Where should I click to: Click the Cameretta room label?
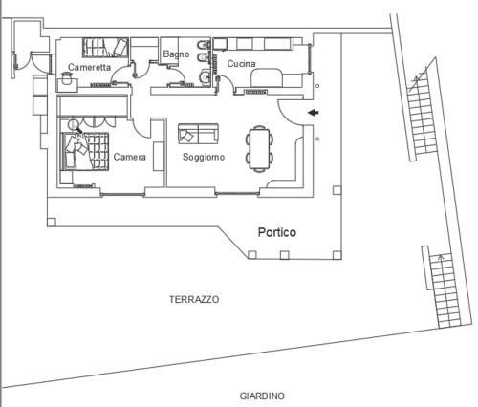coord(89,67)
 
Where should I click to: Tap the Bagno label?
coord(176,54)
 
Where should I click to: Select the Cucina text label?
coord(241,64)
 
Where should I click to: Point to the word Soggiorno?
coord(204,157)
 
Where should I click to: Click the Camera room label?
coord(130,157)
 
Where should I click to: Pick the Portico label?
coord(277,232)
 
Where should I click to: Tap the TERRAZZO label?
coord(194,299)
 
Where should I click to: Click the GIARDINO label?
coord(262,396)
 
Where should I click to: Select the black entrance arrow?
coord(314,112)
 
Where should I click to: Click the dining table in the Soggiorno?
coord(260,148)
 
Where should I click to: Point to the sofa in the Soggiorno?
coord(198,134)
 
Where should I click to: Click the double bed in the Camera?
coord(85,151)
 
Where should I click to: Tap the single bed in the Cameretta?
coord(105,48)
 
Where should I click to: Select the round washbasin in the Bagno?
coord(205,76)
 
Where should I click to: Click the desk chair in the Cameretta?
coord(67,78)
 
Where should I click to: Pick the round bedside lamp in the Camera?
coord(74,123)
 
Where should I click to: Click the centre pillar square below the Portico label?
coord(284,255)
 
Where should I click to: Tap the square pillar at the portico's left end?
coord(52,222)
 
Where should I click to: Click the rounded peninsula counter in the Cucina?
coord(267,77)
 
